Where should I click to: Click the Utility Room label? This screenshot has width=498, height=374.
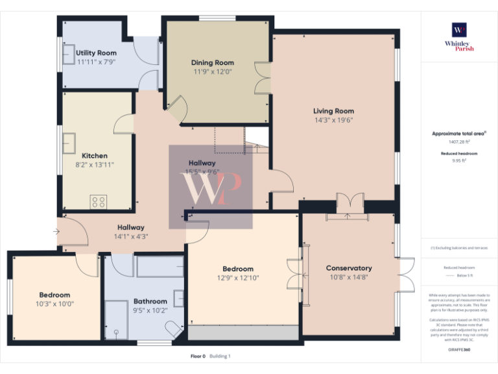tap(96, 53)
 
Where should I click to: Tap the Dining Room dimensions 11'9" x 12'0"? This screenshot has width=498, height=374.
tap(212, 71)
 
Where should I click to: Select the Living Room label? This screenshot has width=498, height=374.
tap(333, 111)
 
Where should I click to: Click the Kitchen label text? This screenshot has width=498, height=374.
tap(95, 156)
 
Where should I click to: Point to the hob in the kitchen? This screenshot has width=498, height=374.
tap(99, 202)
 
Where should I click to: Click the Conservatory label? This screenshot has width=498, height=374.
tap(349, 268)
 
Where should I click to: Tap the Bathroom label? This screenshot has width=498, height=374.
tap(150, 301)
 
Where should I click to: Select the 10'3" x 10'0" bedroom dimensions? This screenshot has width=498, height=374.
tap(54, 304)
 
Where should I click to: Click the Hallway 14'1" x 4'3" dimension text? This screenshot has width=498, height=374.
tap(131, 236)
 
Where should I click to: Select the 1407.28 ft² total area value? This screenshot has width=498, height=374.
tap(459, 142)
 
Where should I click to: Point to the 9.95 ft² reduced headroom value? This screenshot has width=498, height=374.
tap(459, 160)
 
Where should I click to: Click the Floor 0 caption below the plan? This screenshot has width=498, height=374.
tap(198, 356)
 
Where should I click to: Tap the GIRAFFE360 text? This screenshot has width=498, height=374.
tap(459, 351)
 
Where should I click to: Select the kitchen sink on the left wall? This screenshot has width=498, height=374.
tap(68, 143)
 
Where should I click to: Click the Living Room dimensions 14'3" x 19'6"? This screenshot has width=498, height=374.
tap(333, 120)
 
